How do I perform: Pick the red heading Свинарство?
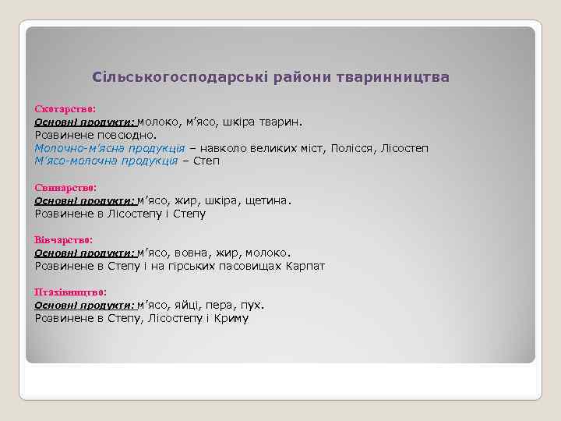click(x=66, y=188)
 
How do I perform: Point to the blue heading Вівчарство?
click(x=64, y=240)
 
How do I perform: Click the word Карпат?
click(x=306, y=266)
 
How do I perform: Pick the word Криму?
click(x=231, y=318)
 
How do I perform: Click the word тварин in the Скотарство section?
click(x=283, y=122)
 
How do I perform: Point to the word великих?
click(x=275, y=148)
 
